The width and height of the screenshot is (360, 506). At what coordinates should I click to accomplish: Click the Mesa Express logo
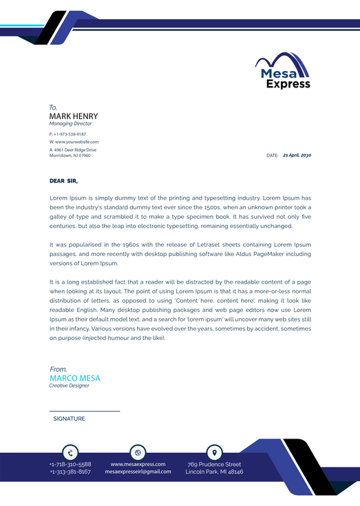(x=283, y=71)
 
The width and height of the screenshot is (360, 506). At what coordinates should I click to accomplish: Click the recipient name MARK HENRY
(x=74, y=116)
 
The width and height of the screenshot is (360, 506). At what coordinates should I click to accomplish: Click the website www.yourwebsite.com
(x=74, y=142)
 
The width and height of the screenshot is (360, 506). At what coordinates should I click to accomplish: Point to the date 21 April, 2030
(x=297, y=156)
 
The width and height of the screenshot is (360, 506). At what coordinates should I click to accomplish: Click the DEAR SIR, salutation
(x=63, y=181)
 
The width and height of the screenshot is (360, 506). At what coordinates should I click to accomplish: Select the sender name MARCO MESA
(x=75, y=378)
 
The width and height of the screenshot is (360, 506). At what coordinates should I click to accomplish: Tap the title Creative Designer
(x=69, y=386)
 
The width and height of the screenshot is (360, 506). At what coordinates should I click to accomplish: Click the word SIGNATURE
(x=69, y=419)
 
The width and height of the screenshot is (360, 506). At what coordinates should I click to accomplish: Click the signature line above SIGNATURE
(x=85, y=411)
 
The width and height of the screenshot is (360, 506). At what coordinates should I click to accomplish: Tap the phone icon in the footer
(x=70, y=452)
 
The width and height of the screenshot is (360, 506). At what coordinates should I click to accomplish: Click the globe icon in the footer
(x=138, y=452)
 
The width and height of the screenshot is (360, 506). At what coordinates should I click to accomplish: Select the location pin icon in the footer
(x=215, y=452)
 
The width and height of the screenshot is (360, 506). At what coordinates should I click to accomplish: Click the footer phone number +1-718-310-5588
(x=70, y=464)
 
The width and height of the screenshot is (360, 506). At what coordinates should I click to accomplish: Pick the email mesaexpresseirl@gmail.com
(x=138, y=472)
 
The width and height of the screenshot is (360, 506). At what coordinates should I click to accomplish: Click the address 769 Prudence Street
(x=214, y=464)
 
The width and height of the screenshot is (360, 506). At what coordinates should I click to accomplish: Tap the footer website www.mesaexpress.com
(x=138, y=464)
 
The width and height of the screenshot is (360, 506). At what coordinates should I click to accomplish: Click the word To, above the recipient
(x=53, y=107)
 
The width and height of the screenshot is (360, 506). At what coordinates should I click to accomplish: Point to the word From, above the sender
(x=59, y=370)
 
